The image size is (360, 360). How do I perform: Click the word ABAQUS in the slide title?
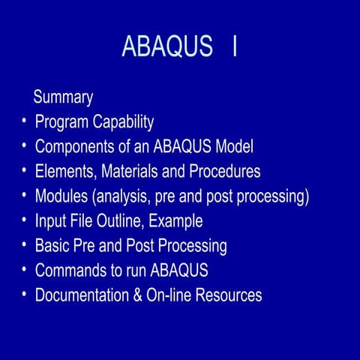pyautogui.click(x=167, y=46)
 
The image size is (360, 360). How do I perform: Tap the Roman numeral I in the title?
pyautogui.click(x=235, y=46)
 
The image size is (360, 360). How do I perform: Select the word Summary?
pyautogui.click(x=64, y=97)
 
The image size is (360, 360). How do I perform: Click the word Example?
pyautogui.click(x=176, y=221)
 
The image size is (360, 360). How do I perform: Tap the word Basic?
pyautogui.click(x=52, y=246)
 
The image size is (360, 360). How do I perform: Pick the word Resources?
pyautogui.click(x=229, y=295)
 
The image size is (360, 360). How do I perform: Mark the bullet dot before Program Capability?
pyautogui.click(x=24, y=122)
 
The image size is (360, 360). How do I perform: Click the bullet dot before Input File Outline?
pyautogui.click(x=24, y=221)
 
